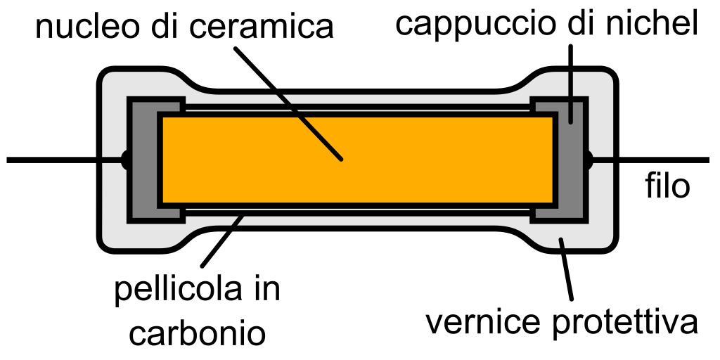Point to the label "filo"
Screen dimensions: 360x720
click(x=667, y=186)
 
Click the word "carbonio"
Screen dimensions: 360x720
click(x=198, y=331)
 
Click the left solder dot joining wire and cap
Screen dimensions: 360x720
click(x=124, y=160)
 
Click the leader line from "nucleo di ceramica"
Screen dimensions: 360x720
click(x=288, y=103)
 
